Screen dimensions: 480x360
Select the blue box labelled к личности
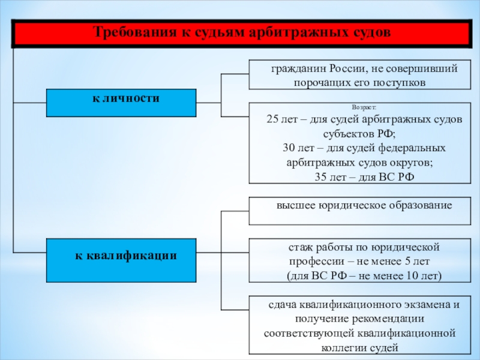[x=121, y=103]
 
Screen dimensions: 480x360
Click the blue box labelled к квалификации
[x=121, y=260]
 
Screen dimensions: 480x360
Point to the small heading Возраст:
[x=364, y=107]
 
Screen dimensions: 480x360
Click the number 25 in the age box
[x=272, y=119]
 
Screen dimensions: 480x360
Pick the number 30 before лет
[x=289, y=148]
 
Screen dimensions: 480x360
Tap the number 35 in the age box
[x=320, y=177]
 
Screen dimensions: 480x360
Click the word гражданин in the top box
[x=298, y=69]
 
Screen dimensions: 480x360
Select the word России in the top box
[x=348, y=68]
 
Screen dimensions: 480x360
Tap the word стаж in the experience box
[x=299, y=247]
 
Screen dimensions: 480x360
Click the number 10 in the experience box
[x=412, y=276]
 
